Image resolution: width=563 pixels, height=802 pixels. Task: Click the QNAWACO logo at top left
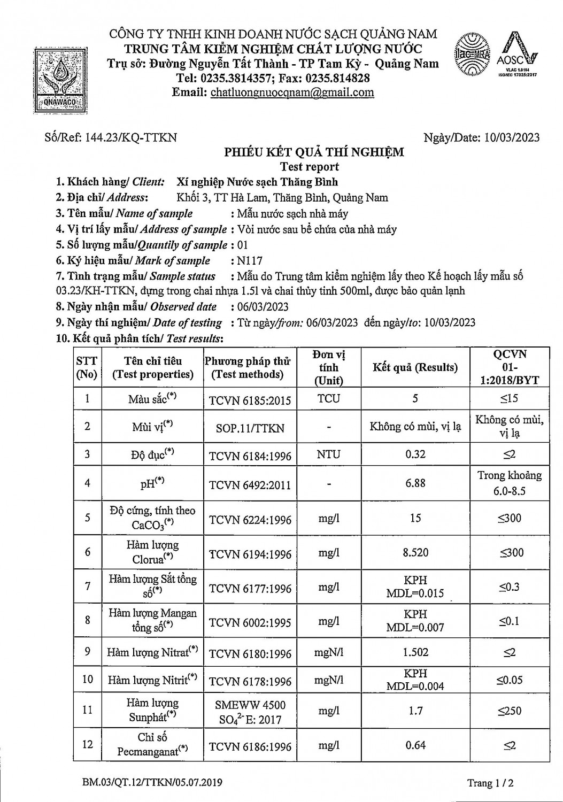59,80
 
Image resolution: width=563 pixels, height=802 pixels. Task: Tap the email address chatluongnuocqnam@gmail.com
292,92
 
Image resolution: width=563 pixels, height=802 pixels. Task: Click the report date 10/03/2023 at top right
512,137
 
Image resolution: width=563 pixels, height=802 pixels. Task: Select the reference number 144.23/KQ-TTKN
128,137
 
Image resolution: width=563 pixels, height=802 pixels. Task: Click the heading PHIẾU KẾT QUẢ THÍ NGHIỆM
314,152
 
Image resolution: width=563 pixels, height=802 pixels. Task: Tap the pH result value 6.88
415,483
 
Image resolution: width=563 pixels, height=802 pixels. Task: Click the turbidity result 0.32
415,454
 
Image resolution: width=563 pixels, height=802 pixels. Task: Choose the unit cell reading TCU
328,398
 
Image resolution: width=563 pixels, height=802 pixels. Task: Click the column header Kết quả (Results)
415,367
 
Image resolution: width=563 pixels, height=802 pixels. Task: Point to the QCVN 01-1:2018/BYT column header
509,367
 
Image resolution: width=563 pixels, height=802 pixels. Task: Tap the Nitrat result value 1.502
415,652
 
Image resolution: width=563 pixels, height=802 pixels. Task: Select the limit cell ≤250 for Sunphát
510,711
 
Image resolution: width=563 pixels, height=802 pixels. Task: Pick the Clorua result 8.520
415,552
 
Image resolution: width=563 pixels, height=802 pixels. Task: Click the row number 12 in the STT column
88,744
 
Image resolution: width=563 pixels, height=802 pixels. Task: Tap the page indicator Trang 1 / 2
490,783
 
